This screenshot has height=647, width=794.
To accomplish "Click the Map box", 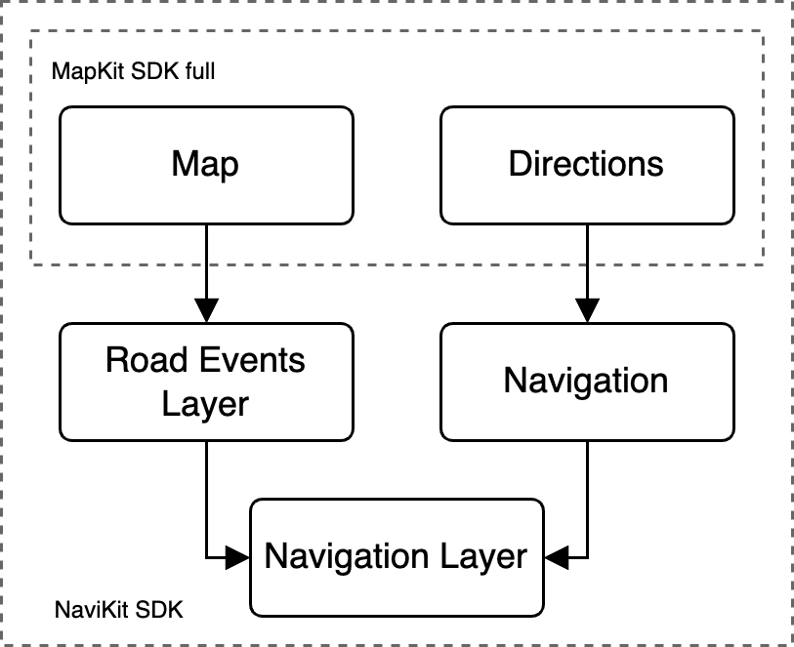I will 205,165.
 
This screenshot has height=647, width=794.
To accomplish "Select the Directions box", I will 586,165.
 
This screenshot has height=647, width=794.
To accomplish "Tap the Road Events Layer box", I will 205,382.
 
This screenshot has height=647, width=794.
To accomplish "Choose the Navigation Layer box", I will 396,556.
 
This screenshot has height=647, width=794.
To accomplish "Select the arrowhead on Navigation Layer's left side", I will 238,557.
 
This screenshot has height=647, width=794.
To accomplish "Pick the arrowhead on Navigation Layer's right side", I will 555,557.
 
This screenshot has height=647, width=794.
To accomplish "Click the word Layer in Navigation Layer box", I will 480,557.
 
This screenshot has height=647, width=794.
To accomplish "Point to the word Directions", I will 586,164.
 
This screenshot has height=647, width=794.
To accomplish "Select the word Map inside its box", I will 205,164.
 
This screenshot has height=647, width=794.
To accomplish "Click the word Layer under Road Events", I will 205,403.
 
